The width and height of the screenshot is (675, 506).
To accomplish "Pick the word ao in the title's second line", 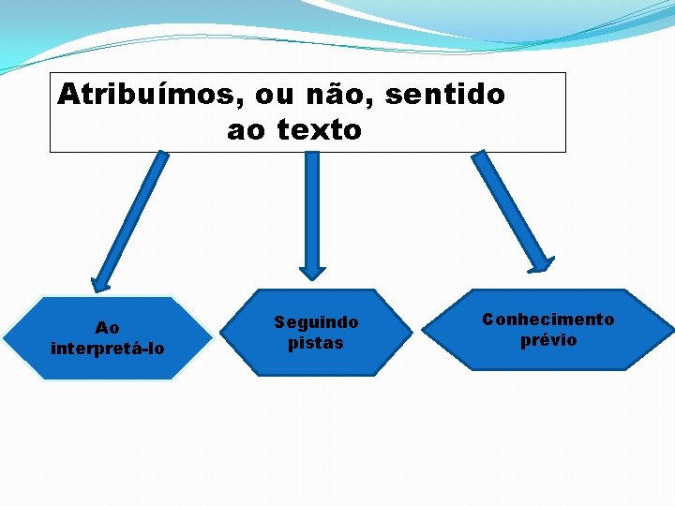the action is tap(247, 130).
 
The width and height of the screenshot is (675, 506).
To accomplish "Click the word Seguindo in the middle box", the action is tap(316, 322).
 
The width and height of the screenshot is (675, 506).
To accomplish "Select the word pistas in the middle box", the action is tap(316, 343).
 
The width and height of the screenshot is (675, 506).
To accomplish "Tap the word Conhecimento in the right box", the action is tap(548, 320).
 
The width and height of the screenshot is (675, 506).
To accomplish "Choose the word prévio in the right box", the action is tap(548, 340).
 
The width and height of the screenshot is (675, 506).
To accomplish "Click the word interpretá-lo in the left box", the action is tap(108, 349).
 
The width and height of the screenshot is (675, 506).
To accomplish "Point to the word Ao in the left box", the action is tap(108, 328).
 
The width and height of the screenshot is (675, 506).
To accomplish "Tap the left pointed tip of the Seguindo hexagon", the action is tap(223, 333).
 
